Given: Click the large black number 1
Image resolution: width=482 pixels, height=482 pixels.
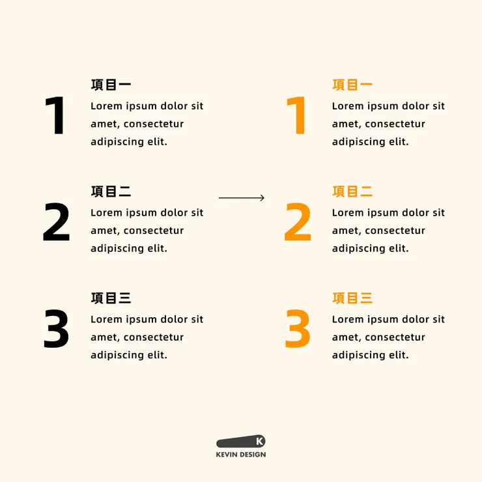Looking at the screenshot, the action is [x=55, y=115].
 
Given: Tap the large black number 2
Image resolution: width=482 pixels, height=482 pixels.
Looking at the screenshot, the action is [x=57, y=221].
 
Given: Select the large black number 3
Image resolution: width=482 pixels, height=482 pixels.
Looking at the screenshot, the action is [x=57, y=329].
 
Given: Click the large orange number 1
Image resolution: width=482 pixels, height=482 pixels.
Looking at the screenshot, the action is [x=296, y=115].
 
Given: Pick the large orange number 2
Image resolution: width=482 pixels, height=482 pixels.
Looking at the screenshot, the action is [x=298, y=221].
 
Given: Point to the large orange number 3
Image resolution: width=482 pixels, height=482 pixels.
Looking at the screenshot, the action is [x=298, y=329].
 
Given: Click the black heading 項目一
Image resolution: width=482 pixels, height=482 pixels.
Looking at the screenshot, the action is [x=111, y=85].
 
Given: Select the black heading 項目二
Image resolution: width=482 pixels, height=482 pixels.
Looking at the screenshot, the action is [x=111, y=191].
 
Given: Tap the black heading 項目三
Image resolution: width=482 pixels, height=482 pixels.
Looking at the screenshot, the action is [x=111, y=298].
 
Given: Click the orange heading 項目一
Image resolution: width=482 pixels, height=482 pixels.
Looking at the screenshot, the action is [x=352, y=85].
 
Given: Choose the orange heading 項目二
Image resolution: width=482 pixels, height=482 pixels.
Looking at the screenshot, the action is [x=352, y=191].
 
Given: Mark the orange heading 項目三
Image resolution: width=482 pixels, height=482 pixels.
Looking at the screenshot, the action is [x=352, y=298].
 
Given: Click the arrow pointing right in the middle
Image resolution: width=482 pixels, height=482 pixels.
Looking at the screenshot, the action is [x=242, y=197].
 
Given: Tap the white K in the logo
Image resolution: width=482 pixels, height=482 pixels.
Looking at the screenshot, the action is [x=259, y=442].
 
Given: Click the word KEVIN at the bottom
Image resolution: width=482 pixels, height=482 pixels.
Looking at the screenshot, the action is [x=227, y=455].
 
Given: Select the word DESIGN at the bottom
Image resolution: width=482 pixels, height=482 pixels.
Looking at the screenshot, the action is [x=253, y=455].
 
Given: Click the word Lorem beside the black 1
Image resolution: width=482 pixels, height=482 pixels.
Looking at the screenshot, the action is [x=106, y=106].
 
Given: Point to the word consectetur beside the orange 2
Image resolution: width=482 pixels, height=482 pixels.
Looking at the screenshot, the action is [x=395, y=231].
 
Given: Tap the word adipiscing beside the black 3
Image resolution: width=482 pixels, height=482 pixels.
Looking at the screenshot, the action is [x=117, y=356].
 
